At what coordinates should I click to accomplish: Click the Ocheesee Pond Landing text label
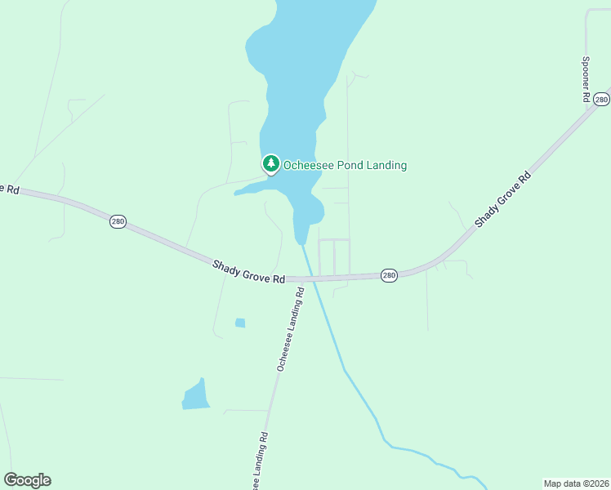point(345,166)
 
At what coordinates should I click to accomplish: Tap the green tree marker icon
point(271,163)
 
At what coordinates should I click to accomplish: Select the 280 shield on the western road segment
point(118,222)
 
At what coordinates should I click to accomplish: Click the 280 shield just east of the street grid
point(389,275)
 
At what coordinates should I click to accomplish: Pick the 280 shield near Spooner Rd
point(601,99)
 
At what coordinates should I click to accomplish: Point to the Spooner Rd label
point(586,78)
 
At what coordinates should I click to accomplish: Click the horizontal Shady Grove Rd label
point(248,272)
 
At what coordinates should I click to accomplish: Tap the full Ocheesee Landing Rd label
point(289,330)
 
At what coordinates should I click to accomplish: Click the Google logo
point(27,480)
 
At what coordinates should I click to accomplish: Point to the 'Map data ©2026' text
point(576,483)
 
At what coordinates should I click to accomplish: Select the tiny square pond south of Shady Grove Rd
point(240,323)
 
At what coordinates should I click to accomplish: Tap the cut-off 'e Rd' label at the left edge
point(9,189)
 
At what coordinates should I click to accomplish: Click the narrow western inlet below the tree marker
point(253,189)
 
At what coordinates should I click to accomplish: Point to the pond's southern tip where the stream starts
point(301,243)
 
